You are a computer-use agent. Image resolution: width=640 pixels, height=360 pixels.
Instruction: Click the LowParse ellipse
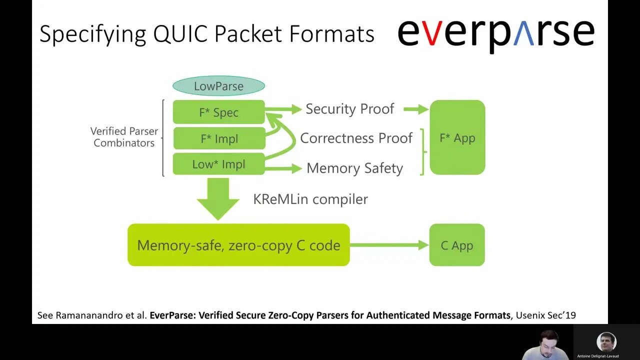pos(218,86)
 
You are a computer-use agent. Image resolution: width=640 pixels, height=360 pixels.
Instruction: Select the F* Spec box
pos(218,112)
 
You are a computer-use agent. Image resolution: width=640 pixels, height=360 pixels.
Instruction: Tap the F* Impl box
pos(218,138)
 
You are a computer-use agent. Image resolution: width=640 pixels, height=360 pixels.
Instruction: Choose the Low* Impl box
pos(218,164)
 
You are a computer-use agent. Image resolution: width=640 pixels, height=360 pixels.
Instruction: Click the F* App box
pos(457,138)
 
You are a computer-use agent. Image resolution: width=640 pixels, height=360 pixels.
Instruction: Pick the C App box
pos(457,245)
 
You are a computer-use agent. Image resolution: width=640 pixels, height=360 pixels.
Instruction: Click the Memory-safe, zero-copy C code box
pos(238,245)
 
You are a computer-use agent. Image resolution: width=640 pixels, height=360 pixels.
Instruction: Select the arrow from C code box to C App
pos(389,245)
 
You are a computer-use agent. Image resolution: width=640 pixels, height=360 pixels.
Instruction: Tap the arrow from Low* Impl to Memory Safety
pos(283,168)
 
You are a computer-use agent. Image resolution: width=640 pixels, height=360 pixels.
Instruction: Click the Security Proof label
pos(349,109)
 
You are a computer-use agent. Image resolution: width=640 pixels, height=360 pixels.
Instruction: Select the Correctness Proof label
pos(356,138)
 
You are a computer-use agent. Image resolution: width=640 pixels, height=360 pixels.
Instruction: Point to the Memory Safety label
pos(354,168)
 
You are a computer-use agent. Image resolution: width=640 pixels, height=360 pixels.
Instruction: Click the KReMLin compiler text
pos(310,199)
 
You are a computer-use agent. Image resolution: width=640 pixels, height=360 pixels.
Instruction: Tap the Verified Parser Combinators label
pos(124,137)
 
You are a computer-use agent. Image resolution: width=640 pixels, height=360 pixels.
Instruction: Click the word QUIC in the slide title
pos(182,34)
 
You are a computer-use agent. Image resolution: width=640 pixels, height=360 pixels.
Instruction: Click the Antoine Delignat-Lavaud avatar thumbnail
pos(606,342)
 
